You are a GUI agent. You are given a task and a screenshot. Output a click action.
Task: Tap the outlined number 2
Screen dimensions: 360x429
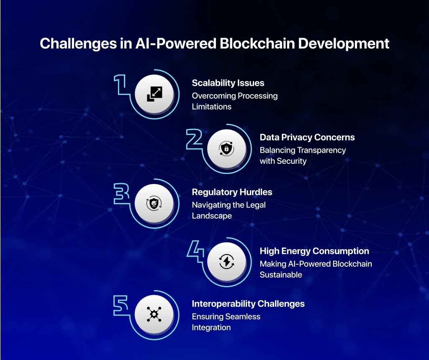(x=194, y=139)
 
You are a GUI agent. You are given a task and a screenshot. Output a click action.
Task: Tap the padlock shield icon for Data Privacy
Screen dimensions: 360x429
(x=226, y=149)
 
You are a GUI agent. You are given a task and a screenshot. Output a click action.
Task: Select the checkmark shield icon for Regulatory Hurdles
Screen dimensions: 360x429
(x=154, y=204)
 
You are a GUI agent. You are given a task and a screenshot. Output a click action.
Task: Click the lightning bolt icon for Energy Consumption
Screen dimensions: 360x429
(x=226, y=262)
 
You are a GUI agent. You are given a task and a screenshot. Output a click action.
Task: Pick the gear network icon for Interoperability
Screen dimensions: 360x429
(x=154, y=314)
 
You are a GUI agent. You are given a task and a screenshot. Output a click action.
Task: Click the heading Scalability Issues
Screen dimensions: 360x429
(x=228, y=83)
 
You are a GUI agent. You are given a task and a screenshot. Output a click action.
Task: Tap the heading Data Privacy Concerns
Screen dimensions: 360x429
(x=307, y=137)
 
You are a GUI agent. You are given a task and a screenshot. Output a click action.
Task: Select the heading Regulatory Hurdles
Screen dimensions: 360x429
(x=232, y=192)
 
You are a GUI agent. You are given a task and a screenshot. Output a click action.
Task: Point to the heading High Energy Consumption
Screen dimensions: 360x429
(x=314, y=251)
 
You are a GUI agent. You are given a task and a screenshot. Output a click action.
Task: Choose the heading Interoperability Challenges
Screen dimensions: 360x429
(x=248, y=304)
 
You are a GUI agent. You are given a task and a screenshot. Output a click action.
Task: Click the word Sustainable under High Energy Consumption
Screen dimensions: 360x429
(x=281, y=275)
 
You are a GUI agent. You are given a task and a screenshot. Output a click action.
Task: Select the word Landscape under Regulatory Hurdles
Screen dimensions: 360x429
(x=212, y=216)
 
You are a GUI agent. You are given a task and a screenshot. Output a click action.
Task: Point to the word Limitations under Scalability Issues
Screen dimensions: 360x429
(x=212, y=107)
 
